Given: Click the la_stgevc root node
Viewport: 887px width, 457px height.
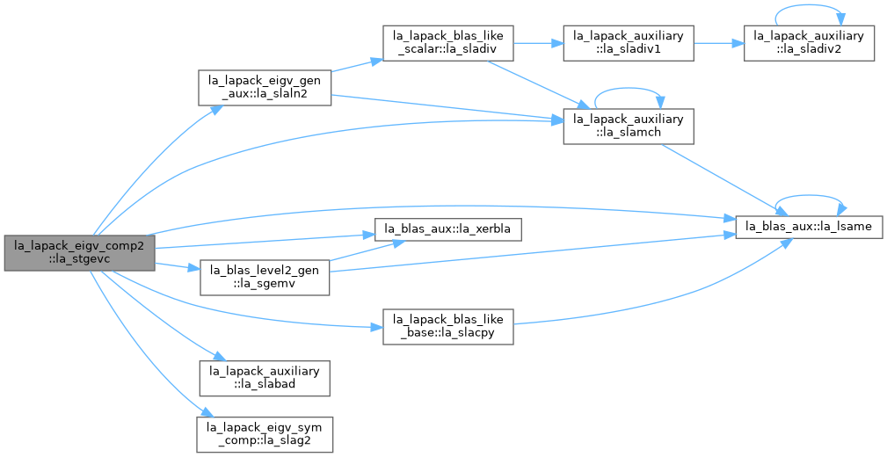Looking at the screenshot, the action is click(x=79, y=252).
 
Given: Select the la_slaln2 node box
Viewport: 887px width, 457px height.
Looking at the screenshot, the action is click(x=265, y=87).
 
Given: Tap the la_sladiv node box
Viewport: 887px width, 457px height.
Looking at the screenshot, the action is click(x=448, y=43).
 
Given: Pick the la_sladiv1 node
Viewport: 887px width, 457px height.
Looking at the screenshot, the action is click(x=629, y=43).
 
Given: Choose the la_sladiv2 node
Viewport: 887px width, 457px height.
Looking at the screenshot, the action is click(x=809, y=43).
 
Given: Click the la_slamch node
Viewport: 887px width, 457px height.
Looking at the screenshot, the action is click(x=629, y=127).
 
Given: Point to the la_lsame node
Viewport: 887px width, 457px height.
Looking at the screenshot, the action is click(x=809, y=227).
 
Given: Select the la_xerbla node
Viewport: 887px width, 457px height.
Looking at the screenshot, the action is click(x=448, y=229).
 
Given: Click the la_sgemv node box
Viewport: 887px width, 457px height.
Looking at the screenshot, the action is click(x=265, y=277).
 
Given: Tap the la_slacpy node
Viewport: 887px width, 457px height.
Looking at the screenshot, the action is click(x=448, y=326).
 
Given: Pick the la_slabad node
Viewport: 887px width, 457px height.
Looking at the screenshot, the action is click(x=265, y=378).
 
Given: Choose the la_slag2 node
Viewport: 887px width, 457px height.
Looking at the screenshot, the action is click(x=265, y=434).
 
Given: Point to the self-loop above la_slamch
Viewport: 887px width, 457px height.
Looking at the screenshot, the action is click(x=629, y=89).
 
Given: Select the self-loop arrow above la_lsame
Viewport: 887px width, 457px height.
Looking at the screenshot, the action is click(x=809, y=196).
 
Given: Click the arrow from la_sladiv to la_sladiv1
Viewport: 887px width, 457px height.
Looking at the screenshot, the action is click(x=538, y=43).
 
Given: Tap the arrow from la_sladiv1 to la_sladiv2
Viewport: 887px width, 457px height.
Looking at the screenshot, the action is click(x=718, y=43).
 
